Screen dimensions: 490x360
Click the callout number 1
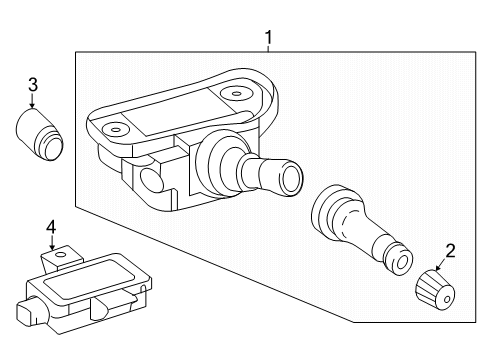(269, 38)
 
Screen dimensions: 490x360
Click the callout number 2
(450, 251)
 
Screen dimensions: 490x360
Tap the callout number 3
(33, 85)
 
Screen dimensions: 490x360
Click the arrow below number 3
(32, 101)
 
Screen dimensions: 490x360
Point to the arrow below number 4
(52, 243)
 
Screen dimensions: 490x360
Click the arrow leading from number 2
(440, 264)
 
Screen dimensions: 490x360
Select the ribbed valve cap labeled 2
(435, 290)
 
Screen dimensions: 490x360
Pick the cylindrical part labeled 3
(40, 134)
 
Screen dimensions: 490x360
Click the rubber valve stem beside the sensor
(361, 230)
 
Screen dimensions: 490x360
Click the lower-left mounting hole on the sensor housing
(115, 129)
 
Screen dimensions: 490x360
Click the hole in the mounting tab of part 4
(60, 255)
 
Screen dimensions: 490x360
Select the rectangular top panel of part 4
(89, 278)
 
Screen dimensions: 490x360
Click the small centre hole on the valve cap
(447, 299)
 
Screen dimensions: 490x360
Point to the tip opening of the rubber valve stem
(402, 262)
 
